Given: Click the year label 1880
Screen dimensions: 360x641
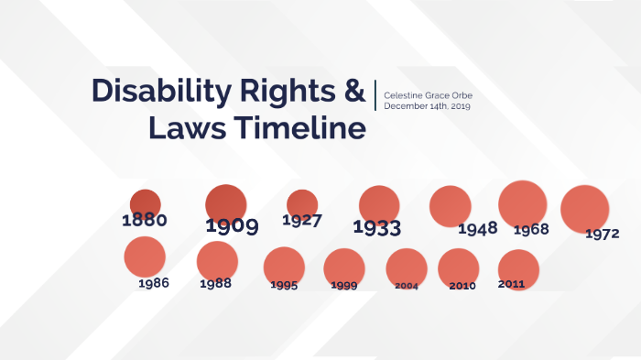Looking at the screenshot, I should [145, 220].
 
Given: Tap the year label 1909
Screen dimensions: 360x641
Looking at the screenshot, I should [231, 225].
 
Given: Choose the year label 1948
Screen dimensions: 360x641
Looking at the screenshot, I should [477, 227].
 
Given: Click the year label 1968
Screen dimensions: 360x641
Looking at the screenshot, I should [531, 229].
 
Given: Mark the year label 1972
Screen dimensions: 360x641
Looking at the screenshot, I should [602, 234].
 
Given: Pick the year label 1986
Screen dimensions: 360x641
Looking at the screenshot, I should [154, 283].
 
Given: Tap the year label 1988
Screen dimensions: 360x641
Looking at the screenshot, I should [215, 283].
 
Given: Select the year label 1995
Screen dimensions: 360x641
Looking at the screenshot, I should [284, 285].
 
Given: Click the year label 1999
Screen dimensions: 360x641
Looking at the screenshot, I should [343, 285].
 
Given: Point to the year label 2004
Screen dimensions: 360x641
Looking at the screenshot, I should [407, 286].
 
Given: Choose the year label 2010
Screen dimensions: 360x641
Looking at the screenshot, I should [462, 286].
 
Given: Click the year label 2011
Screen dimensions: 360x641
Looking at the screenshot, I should [511, 284].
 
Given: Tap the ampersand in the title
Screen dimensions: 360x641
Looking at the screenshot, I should [353, 91].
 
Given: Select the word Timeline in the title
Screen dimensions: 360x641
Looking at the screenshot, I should [299, 128].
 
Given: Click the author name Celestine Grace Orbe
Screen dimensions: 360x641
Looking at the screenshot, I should [428, 95].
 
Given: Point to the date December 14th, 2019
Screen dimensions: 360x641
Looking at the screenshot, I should [428, 106].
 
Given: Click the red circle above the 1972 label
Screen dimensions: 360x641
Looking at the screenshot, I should [584, 208].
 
